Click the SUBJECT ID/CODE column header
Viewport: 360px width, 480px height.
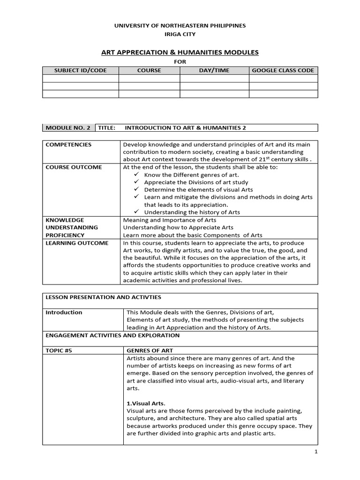click(x=80, y=70)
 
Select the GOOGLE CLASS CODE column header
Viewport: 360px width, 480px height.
click(x=283, y=70)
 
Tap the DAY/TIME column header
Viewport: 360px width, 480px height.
click(x=214, y=70)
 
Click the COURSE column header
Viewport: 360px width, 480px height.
click(x=149, y=70)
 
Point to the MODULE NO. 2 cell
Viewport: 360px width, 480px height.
click(x=68, y=127)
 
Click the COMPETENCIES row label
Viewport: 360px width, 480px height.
click(x=68, y=144)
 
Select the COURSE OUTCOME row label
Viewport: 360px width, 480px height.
click(x=74, y=167)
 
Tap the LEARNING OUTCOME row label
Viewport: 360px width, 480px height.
click(x=77, y=243)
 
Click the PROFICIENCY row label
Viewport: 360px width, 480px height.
click(x=65, y=235)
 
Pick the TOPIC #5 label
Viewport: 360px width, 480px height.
click(x=60, y=350)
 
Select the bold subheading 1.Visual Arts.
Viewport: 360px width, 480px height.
click(x=146, y=403)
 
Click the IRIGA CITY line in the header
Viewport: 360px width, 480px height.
click(x=180, y=35)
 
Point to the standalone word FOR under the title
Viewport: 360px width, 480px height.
click(x=180, y=61)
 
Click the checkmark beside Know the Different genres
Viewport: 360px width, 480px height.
click(x=136, y=174)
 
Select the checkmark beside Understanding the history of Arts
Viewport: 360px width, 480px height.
click(x=136, y=212)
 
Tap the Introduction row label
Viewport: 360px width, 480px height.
click(x=64, y=312)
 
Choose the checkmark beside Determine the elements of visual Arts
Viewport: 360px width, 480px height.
click(x=136, y=189)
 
